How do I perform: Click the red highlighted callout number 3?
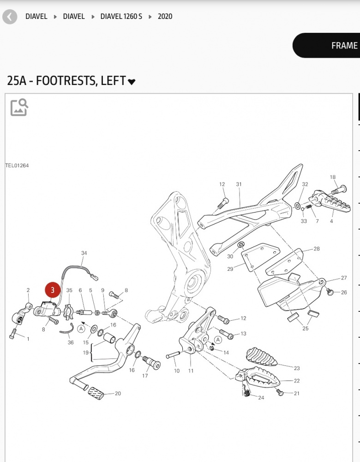pos(53,290)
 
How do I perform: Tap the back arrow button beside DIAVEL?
pos(10,17)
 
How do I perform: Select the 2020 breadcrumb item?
pos(165,17)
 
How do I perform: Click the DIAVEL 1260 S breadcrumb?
pos(121,17)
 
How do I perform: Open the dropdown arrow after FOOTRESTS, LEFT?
pos(131,82)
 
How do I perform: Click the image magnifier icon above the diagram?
pos(19,107)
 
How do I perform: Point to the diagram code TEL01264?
pos(17,165)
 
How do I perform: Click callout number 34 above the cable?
pos(84,253)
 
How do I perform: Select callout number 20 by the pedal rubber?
pos(118,393)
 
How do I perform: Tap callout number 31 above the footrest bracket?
pos(239,184)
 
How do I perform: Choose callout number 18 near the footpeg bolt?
pos(333,177)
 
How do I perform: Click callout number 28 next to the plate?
pos(317,249)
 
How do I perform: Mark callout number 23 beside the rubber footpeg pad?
pos(297,368)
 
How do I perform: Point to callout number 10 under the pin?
pos(177,371)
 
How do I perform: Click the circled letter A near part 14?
pos(218,340)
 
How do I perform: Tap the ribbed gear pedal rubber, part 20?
pos(96,393)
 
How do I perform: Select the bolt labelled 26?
pos(330,292)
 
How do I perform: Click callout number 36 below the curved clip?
pos(71,342)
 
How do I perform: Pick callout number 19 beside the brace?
pos(86,353)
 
